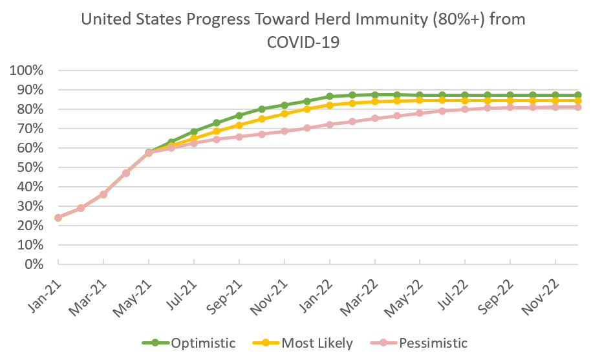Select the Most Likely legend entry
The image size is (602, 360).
[x=317, y=343]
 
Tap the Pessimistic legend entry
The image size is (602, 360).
[x=433, y=343]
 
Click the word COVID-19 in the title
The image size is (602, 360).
[x=303, y=42]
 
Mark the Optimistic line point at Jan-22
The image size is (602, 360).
[x=330, y=96]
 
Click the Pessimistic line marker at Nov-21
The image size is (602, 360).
[x=285, y=131]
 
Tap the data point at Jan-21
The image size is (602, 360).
[x=58, y=218]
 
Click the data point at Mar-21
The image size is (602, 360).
[x=103, y=195]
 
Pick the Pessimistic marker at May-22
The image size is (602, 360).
[x=420, y=113]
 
